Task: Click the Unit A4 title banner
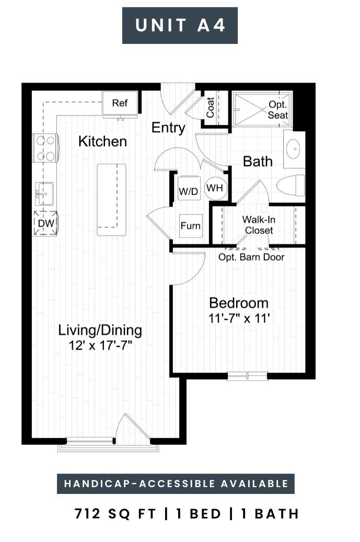click(180, 26)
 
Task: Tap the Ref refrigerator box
click(120, 103)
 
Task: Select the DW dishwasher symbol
click(45, 223)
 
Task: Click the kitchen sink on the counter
click(44, 193)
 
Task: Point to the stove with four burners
click(45, 148)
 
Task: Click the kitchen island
click(111, 200)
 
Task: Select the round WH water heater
click(215, 188)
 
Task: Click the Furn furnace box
click(190, 226)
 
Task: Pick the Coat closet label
click(210, 107)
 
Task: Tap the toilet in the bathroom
click(291, 186)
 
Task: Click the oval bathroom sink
click(295, 149)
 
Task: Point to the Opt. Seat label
click(278, 110)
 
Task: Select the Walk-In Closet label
click(259, 225)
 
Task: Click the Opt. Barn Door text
click(251, 257)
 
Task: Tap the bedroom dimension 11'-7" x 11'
click(239, 318)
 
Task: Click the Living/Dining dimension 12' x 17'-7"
click(100, 345)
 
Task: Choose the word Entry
click(168, 128)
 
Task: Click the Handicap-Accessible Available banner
click(176, 483)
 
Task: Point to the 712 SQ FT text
click(115, 514)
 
